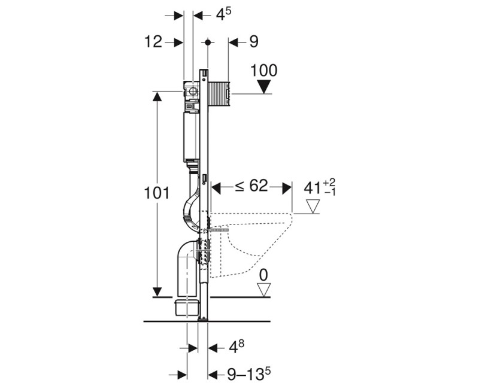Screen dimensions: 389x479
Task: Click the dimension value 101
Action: (157, 194)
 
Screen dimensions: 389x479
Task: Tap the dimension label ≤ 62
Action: (251, 186)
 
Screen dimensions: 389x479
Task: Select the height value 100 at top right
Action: (263, 70)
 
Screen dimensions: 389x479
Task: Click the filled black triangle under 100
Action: (263, 87)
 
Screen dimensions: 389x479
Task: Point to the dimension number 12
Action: (154, 41)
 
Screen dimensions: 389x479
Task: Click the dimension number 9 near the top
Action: (253, 41)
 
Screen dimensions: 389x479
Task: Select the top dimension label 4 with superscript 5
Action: (223, 15)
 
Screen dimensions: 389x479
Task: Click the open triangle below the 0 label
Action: (263, 290)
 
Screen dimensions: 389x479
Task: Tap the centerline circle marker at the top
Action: (208, 42)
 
